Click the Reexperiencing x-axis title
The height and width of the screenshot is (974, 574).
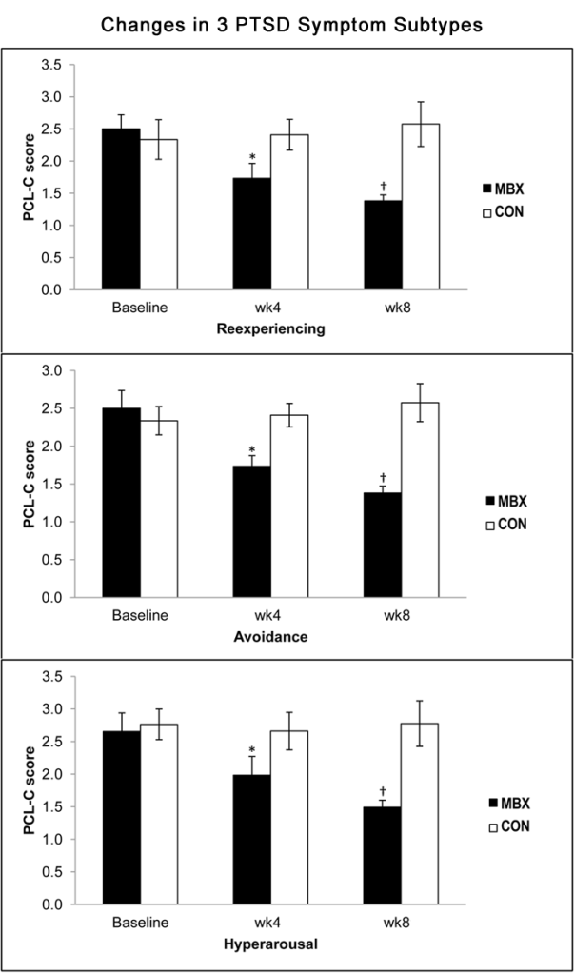tap(269, 328)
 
